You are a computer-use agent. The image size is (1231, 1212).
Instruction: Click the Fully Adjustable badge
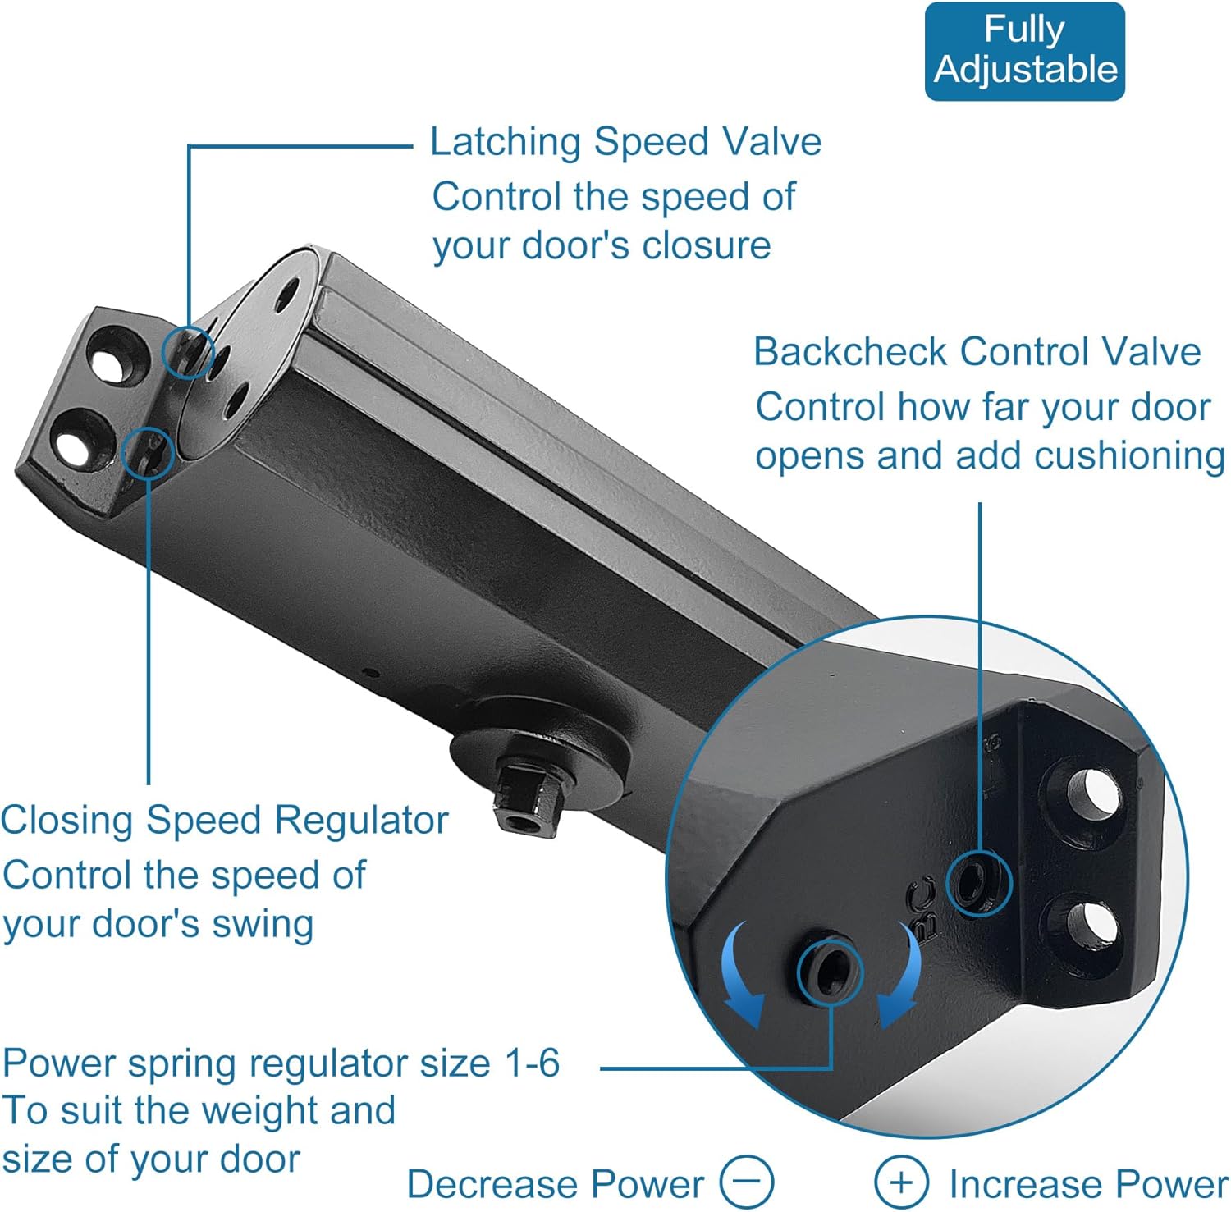[x=1024, y=51]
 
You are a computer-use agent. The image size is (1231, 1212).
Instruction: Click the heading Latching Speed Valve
[x=625, y=142]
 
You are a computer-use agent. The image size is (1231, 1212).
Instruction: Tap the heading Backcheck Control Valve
[x=977, y=352]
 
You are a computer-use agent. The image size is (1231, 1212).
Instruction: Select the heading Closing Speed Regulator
[x=224, y=820]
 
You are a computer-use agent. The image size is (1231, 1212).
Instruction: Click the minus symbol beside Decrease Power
[x=746, y=1182]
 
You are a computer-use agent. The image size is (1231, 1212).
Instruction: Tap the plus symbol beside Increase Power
[x=901, y=1182]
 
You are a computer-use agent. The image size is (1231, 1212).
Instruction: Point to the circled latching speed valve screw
[x=188, y=352]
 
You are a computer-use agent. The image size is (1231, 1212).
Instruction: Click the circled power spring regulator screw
[x=829, y=972]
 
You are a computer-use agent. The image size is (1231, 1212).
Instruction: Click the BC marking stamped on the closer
[x=924, y=907]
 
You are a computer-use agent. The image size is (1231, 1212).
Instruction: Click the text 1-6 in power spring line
[x=532, y=1063]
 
